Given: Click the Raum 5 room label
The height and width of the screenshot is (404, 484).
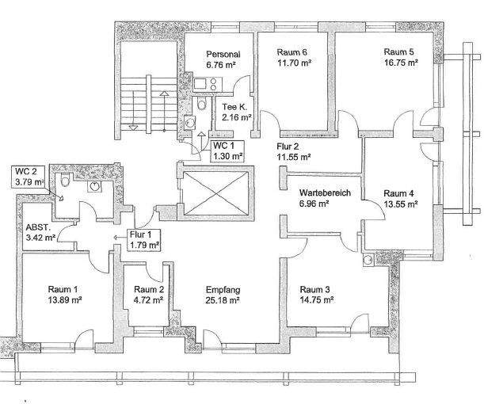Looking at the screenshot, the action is click(398, 51).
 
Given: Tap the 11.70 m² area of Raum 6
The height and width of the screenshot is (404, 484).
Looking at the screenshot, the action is click(294, 63).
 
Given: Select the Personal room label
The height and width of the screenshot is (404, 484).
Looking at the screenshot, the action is click(223, 55).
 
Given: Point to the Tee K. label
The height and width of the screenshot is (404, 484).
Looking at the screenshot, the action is click(234, 107).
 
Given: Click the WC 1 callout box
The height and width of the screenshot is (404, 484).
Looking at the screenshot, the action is click(228, 151).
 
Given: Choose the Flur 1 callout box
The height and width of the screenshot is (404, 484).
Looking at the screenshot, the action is click(144, 240).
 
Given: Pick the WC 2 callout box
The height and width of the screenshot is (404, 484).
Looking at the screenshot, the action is click(30, 177).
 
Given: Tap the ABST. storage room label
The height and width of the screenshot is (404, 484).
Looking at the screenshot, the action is click(38, 228).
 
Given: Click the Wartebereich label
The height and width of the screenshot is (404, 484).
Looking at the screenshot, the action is click(325, 193).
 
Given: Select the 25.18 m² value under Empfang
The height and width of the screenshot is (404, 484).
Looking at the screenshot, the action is click(223, 300).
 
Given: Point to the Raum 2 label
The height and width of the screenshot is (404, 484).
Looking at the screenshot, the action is click(149, 289).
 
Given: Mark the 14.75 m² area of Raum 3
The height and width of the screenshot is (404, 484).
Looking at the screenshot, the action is click(317, 300).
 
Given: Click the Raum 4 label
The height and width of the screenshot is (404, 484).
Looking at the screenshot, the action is click(398, 193).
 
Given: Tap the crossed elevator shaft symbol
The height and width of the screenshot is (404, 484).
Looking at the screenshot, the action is click(216, 193).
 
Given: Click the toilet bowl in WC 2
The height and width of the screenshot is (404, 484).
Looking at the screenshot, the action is click(65, 180).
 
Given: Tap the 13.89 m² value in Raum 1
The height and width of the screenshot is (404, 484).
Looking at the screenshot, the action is click(65, 300).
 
